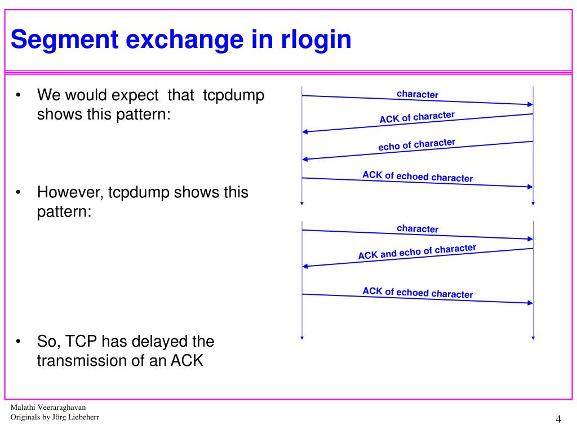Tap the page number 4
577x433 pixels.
558,419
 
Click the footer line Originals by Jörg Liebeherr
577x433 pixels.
55,418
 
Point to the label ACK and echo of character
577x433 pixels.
417,252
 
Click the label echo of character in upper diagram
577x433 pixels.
417,145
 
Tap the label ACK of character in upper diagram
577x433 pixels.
417,117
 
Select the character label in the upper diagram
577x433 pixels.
418,94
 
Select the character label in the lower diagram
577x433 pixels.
418,228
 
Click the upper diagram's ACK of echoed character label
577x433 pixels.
418,176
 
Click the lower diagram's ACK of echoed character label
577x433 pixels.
418,293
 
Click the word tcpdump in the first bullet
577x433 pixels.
233,95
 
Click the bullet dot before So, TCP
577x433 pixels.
19,342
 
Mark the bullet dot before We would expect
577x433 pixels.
19,95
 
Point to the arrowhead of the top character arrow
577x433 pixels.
530,104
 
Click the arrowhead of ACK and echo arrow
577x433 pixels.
305,266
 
